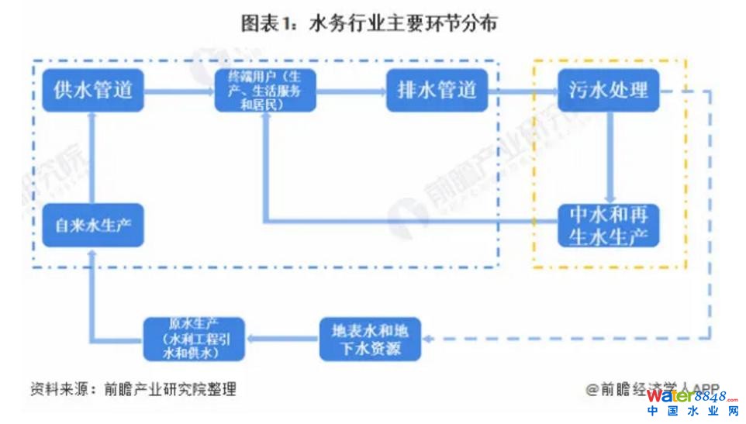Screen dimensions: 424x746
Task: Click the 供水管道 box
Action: point(93,90)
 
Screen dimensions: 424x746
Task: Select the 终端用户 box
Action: point(265,90)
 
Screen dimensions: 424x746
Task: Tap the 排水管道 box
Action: point(437,90)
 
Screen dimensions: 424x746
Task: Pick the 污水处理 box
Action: point(608,90)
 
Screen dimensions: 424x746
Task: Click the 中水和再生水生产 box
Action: point(608,225)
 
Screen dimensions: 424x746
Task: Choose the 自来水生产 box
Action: point(93,225)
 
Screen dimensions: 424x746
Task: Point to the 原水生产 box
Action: point(194,339)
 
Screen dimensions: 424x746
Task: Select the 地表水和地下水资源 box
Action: point(371,339)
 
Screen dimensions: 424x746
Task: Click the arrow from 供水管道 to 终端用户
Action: point(179,91)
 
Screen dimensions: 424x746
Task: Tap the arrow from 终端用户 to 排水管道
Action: point(351,91)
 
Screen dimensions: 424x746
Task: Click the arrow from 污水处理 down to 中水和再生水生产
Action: point(610,158)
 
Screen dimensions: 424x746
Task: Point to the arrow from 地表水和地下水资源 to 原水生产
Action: point(281,339)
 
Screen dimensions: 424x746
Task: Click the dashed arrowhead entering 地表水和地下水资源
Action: point(429,339)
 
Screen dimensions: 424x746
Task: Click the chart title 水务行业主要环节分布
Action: point(369,24)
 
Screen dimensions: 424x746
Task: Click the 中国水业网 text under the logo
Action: point(692,412)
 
